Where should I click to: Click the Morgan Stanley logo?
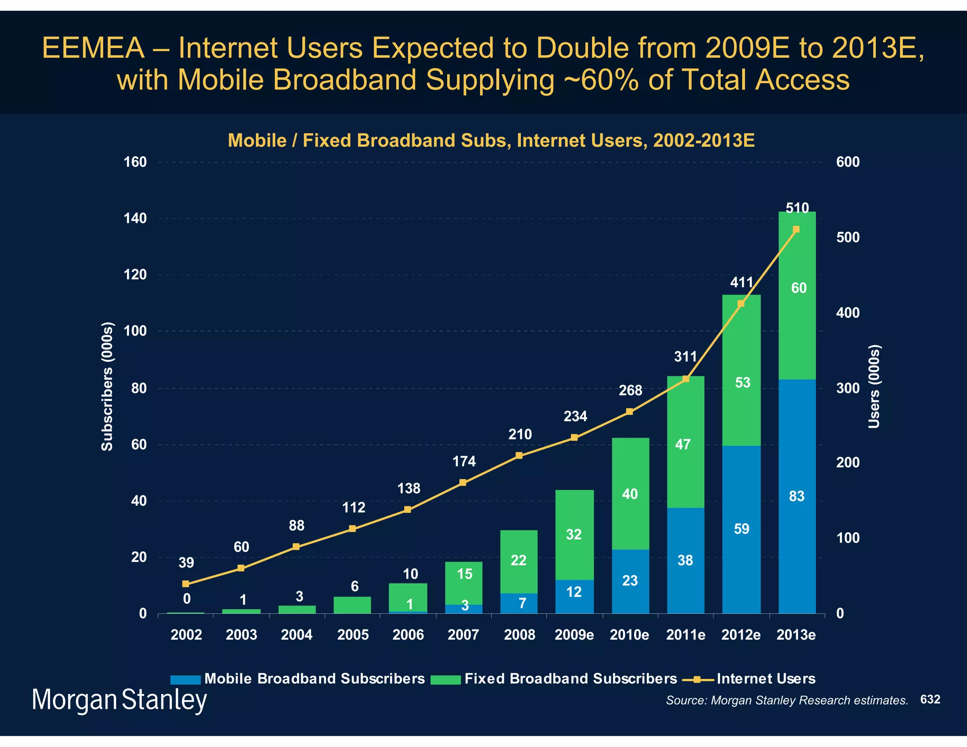click(x=119, y=700)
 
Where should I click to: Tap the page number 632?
click(x=930, y=699)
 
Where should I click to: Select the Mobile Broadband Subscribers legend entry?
click(x=298, y=679)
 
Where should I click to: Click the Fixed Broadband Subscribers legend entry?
click(x=554, y=679)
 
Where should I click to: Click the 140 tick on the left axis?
click(x=135, y=219)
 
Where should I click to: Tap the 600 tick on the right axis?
click(x=848, y=162)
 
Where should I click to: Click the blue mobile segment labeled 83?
click(x=797, y=496)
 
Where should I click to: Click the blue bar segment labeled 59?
click(x=741, y=529)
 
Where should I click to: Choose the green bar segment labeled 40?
click(x=630, y=494)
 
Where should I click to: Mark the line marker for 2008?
click(x=519, y=456)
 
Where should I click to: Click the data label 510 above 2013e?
click(x=797, y=208)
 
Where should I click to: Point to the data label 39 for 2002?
click(x=186, y=563)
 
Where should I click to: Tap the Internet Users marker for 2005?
click(x=352, y=529)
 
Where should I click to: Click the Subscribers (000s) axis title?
click(x=108, y=386)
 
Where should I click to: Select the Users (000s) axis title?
click(x=874, y=386)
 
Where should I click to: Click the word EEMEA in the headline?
click(x=93, y=48)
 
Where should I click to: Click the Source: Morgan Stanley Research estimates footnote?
click(x=787, y=700)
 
